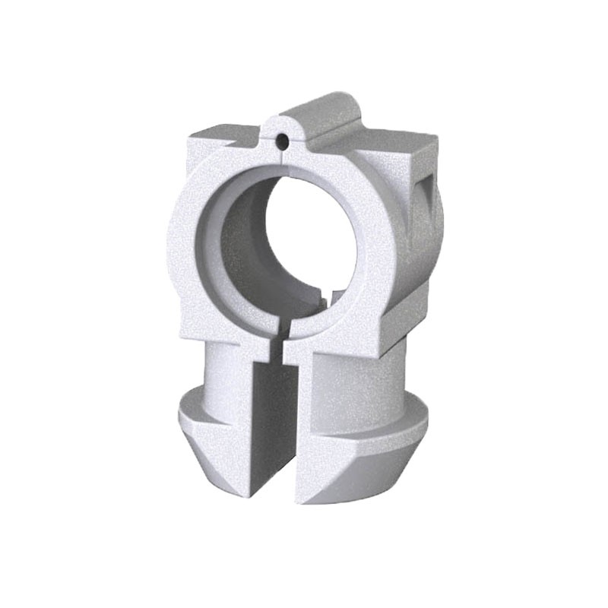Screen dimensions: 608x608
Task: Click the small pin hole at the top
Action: point(282,141)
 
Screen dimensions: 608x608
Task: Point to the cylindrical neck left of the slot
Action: point(224,372)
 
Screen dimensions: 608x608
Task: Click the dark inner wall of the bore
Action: point(243,243)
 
